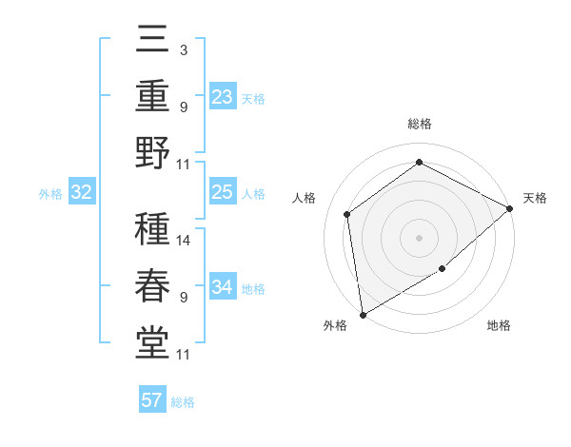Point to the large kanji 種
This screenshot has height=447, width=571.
(x=152, y=231)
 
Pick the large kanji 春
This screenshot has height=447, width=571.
(x=152, y=286)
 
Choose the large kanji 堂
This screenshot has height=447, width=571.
(x=152, y=342)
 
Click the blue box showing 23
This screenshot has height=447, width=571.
(x=222, y=97)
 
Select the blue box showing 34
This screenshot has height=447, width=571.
(x=222, y=287)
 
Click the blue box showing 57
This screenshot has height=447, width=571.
(x=152, y=400)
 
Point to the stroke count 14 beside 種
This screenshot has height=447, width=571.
(x=185, y=240)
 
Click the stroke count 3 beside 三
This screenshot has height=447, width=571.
(x=183, y=49)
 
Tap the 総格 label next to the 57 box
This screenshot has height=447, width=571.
(x=183, y=402)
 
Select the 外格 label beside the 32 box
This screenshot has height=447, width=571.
(x=50, y=194)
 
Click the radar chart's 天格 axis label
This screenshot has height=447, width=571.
(x=535, y=198)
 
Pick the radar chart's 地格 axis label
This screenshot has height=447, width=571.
(x=499, y=326)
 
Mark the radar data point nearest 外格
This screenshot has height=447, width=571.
(x=362, y=314)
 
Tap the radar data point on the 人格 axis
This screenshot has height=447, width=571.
(x=347, y=214)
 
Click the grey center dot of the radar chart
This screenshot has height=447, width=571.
(x=419, y=237)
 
